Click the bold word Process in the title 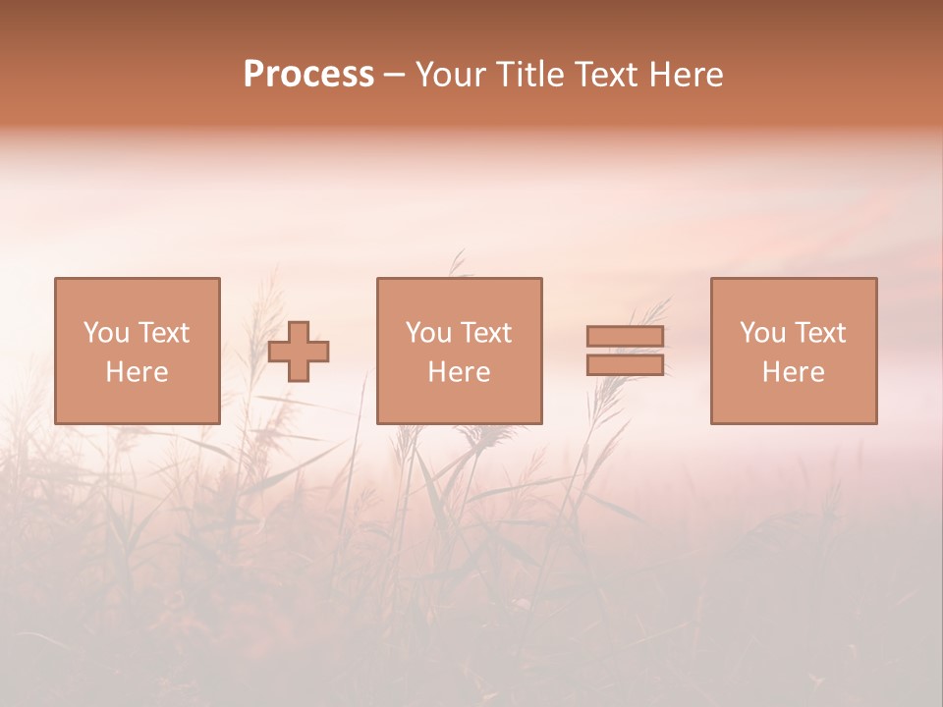click(308, 75)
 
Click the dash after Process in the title click(394, 76)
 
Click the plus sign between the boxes click(299, 352)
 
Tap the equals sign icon click(625, 351)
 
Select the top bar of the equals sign click(625, 337)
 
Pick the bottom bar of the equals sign click(625, 364)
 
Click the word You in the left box click(106, 333)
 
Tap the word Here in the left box click(137, 372)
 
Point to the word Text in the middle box click(486, 333)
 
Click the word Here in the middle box click(459, 372)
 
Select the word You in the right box click(762, 333)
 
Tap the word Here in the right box click(793, 372)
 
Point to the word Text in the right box click(820, 333)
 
